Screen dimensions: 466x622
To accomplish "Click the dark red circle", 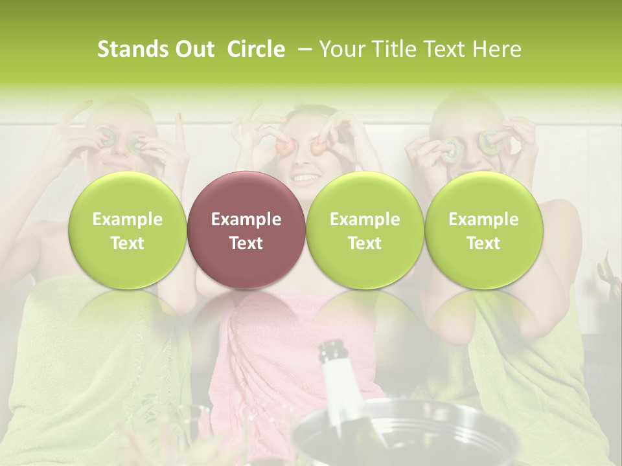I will pyautogui.click(x=246, y=230).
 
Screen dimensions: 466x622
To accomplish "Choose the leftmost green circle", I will pyautogui.click(x=127, y=230).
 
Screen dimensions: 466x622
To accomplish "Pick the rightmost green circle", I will pyautogui.click(x=483, y=230).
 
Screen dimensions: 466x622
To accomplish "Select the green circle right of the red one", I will pyautogui.click(x=365, y=230).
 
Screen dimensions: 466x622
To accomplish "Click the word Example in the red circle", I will pyautogui.click(x=246, y=219).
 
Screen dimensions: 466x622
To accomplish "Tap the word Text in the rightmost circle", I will pyautogui.click(x=483, y=243).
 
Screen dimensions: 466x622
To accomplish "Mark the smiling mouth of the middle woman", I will pyautogui.click(x=306, y=176).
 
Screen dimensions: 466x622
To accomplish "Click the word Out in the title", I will pyautogui.click(x=193, y=49).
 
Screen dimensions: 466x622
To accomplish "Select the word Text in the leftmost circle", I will pyautogui.click(x=127, y=243).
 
